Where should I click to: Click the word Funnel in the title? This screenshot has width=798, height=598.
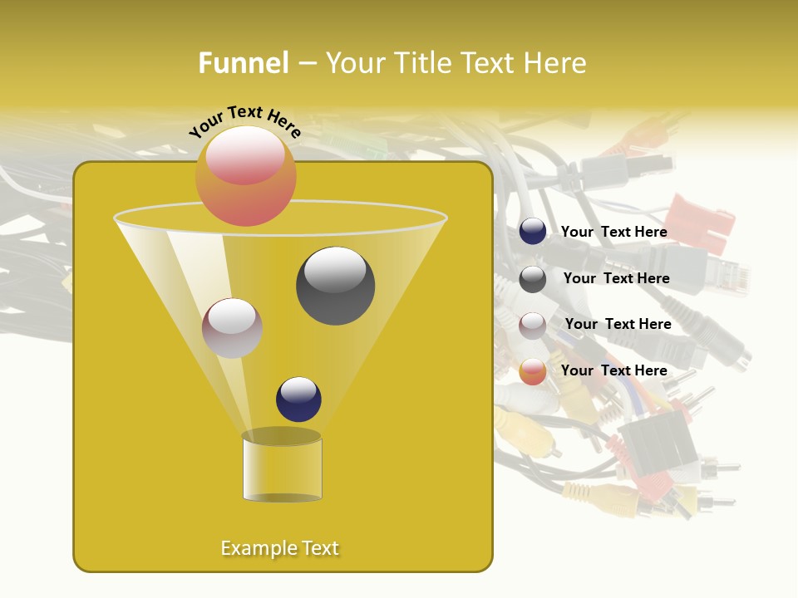pos(244,63)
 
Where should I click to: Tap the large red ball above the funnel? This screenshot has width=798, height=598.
pos(246,175)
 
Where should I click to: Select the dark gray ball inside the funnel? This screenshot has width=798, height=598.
pos(335,285)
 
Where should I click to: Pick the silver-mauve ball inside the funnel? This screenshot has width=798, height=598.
pos(232,328)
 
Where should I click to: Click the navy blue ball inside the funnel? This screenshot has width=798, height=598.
pos(298,399)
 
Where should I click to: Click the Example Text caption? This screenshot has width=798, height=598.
pos(279,548)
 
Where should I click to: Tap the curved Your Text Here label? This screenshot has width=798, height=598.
pos(244,121)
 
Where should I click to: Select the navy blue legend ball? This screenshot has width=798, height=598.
pos(533,232)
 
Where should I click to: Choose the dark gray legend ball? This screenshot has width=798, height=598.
pos(533,279)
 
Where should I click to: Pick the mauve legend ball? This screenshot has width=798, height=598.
pos(533,325)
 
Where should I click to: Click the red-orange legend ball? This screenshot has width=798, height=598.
pos(533,371)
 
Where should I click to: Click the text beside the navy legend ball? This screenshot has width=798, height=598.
pos(613,233)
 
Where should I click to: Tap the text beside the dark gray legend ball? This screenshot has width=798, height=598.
pos(616,279)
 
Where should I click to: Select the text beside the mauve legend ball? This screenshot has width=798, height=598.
pos(618,325)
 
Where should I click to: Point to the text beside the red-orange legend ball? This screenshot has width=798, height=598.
pos(613,370)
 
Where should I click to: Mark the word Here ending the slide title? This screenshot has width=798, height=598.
pos(557,63)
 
